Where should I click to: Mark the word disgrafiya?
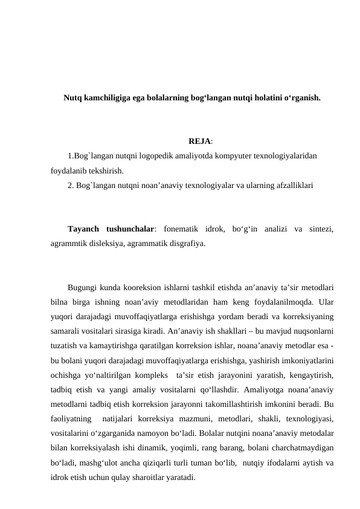(x=182, y=244)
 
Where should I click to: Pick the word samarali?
(x=68, y=331)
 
